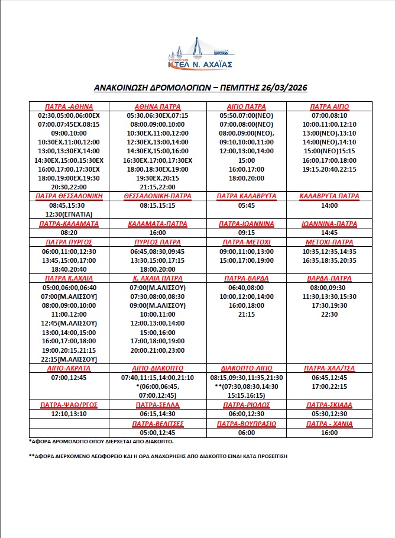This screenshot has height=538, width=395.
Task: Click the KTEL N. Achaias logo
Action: [199, 54]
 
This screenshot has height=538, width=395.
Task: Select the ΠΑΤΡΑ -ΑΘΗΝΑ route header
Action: [69, 107]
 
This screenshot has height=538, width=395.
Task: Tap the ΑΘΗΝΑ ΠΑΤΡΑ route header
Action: [158, 107]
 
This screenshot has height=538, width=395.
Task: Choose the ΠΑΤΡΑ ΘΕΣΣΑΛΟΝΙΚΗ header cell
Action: [69, 195]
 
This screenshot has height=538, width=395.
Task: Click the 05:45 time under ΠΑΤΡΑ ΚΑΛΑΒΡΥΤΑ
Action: [247, 205]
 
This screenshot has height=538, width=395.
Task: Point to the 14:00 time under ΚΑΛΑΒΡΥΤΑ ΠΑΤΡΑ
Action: [329, 205]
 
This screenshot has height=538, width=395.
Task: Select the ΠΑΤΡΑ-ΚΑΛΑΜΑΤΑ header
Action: [69, 224]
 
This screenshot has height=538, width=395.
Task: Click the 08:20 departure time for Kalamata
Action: [69, 234]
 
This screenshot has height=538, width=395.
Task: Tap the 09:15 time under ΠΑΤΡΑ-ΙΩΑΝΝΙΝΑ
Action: [247, 234]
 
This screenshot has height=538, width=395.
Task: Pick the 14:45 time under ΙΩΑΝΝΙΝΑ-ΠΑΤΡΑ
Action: [329, 234]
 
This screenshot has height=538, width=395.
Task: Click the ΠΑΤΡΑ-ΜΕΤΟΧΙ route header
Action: [247, 243]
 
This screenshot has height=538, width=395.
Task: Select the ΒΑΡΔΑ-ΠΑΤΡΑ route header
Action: [329, 278]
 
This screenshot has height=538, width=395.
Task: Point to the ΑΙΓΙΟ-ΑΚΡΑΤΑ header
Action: [69, 368]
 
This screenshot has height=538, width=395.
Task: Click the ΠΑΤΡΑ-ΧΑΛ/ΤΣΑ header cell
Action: [329, 368]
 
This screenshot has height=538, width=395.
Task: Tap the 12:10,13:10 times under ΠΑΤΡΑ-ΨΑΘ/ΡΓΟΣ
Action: [69, 414]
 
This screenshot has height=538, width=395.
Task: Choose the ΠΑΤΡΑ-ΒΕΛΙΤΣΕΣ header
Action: [158, 424]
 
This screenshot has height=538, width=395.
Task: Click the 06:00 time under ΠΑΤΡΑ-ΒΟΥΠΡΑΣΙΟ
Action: [247, 433]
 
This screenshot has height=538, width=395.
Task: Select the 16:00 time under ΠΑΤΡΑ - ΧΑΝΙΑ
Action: [329, 433]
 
